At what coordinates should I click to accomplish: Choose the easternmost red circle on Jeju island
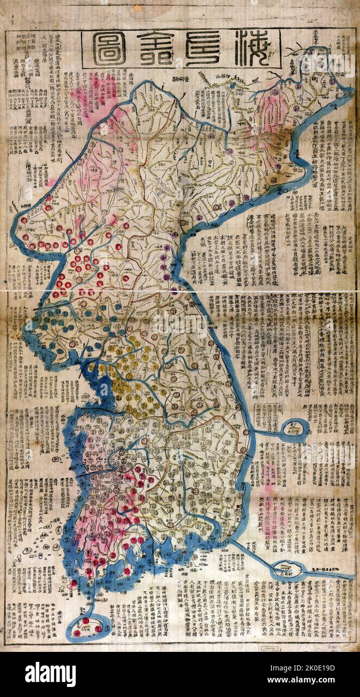coord(98,628)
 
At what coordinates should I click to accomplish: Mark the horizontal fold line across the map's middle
coord(181,290)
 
